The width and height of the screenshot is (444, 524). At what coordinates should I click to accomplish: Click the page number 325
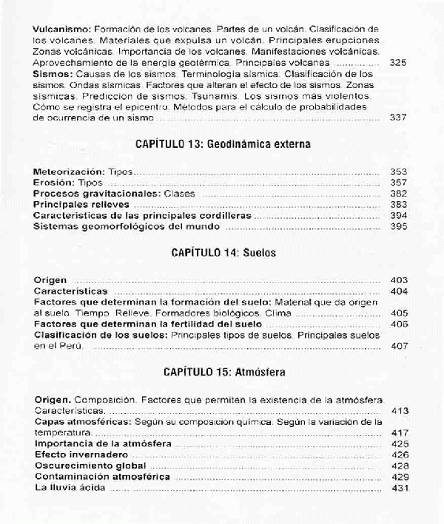pyautogui.click(x=398, y=64)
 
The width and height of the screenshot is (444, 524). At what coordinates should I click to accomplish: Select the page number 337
pyautogui.click(x=398, y=118)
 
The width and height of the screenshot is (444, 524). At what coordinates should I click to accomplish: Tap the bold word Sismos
pyautogui.click(x=51, y=75)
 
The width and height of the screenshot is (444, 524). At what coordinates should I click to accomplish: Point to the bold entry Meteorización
pyautogui.click(x=69, y=171)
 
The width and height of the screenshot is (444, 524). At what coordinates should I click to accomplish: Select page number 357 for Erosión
pyautogui.click(x=398, y=183)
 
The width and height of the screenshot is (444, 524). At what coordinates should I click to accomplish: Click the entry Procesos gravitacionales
pyautogui.click(x=88, y=193)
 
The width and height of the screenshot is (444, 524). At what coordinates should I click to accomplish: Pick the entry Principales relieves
pyautogui.click(x=81, y=204)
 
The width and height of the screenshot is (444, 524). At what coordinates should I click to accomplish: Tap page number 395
pyautogui.click(x=398, y=226)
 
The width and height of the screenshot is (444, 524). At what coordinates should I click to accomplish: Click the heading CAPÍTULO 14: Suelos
pyautogui.click(x=223, y=253)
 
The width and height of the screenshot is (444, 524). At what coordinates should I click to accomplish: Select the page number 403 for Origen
pyautogui.click(x=398, y=281)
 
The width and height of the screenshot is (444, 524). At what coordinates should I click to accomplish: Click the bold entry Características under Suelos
pyautogui.click(x=71, y=292)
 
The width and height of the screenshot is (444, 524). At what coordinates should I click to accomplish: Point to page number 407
pyautogui.click(x=398, y=345)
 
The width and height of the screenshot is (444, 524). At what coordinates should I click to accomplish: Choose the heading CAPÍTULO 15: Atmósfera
pyautogui.click(x=223, y=372)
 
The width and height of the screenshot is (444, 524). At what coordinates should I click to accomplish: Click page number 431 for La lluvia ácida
pyautogui.click(x=398, y=488)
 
